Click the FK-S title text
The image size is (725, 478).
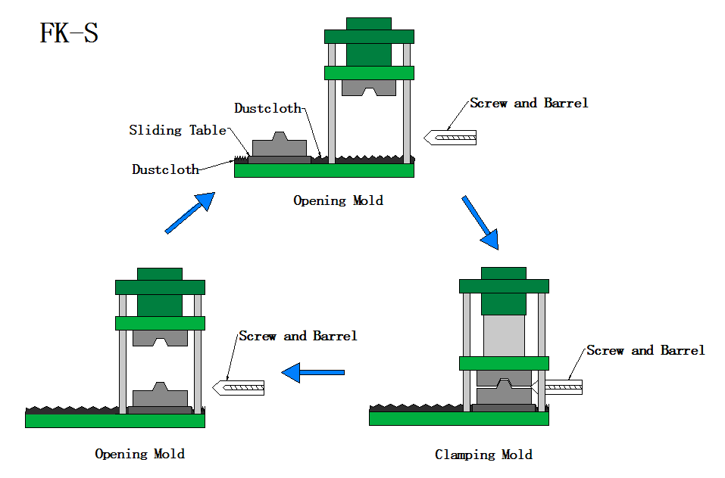(x=69, y=34)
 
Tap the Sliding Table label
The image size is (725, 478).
(x=177, y=130)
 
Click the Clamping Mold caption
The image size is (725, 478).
(x=483, y=455)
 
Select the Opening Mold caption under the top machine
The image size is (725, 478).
(x=338, y=200)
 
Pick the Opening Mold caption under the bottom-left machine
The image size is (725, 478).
(x=139, y=454)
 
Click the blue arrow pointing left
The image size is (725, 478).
(x=313, y=372)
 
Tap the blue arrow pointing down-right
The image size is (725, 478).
(x=480, y=222)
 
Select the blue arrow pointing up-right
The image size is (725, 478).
(x=189, y=213)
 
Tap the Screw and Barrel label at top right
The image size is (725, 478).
(x=529, y=103)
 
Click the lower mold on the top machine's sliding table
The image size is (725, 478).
(x=279, y=147)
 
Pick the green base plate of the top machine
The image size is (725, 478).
(x=324, y=170)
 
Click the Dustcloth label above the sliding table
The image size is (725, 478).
(x=267, y=108)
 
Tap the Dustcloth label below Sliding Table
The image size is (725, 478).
(x=165, y=169)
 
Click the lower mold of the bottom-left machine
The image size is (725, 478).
(x=160, y=396)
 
